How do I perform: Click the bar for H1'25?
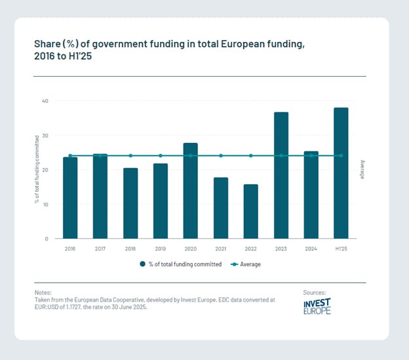341,173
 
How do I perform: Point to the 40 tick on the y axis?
45,101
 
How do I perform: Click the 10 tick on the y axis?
45,205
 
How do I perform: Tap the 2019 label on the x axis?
160,249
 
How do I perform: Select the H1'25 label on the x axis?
341,249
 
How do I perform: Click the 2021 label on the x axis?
220,249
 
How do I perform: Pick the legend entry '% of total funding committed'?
180,264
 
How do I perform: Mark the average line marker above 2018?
130,155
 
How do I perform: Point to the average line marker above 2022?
250,155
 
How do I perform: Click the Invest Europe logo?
317,306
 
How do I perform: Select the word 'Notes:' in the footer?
44,292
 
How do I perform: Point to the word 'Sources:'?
315,292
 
